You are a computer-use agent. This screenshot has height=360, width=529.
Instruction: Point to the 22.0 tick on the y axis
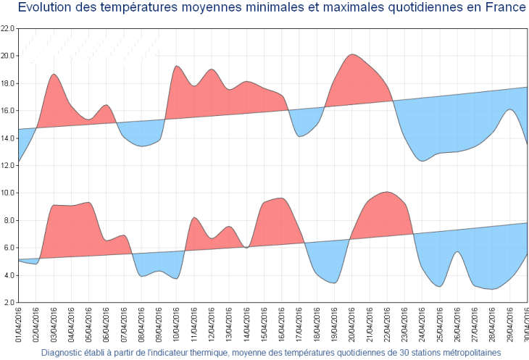pyautogui.click(x=8, y=28)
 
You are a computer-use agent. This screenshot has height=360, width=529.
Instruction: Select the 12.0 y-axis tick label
pyautogui.click(x=8, y=165)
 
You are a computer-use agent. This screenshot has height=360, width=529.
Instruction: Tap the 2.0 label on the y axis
pyautogui.click(x=9, y=302)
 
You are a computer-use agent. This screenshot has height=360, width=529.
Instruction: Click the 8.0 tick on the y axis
pyautogui.click(x=9, y=220)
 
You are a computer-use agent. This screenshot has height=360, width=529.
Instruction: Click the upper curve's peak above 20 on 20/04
pyautogui.click(x=352, y=54)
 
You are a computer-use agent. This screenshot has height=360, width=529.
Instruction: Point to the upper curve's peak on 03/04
pyautogui.click(x=54, y=75)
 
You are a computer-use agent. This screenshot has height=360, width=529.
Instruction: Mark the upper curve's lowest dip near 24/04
pyautogui.click(x=422, y=161)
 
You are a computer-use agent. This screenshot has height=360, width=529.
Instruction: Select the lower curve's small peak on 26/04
pyautogui.click(x=457, y=252)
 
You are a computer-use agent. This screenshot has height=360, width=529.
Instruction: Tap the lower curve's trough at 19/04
pyautogui.click(x=333, y=282)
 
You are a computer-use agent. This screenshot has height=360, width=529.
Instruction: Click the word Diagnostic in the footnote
pyautogui.click(x=65, y=353)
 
